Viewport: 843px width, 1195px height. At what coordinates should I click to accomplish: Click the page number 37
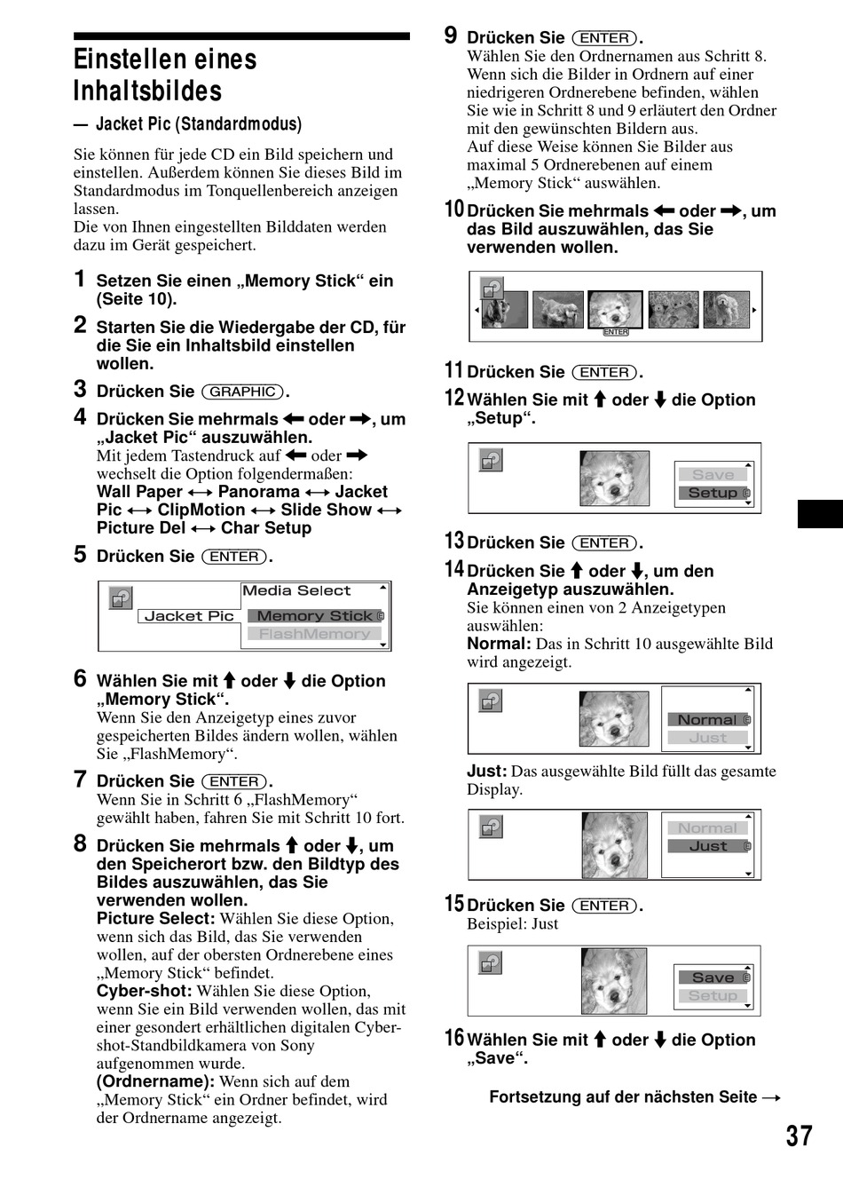(799, 1136)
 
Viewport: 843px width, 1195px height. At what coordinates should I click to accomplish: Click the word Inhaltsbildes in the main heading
(147, 91)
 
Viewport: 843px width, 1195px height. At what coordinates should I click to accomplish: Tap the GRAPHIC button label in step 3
(242, 392)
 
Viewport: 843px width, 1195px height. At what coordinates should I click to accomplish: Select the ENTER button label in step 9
(604, 38)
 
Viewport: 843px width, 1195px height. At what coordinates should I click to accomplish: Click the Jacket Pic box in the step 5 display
(189, 616)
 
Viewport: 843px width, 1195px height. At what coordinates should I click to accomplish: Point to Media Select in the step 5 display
(296, 591)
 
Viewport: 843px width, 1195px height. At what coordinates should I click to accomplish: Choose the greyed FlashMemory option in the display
(314, 634)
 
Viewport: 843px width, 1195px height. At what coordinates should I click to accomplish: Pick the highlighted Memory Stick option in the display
(314, 616)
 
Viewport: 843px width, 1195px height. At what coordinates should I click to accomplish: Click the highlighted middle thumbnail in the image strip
(615, 309)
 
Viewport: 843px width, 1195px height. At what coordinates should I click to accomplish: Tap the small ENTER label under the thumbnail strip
(615, 332)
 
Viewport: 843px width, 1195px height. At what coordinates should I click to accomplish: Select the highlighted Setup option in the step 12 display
(713, 493)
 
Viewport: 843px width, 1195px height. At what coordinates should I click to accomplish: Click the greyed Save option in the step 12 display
(713, 475)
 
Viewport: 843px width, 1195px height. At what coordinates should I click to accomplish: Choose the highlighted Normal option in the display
(707, 720)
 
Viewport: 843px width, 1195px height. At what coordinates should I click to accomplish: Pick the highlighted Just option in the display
(707, 846)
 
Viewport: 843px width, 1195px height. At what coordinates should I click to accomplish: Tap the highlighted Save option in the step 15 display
(713, 977)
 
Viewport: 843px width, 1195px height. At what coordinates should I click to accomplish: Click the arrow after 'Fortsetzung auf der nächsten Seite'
(771, 1098)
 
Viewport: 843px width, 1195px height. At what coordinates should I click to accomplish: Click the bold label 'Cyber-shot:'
(144, 991)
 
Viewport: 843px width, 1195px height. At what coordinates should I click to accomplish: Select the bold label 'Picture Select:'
(155, 919)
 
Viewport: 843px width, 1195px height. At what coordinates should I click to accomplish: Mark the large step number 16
(454, 1038)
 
